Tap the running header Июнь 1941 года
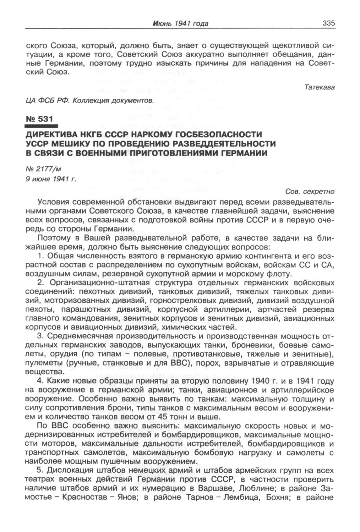coord(181,23)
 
